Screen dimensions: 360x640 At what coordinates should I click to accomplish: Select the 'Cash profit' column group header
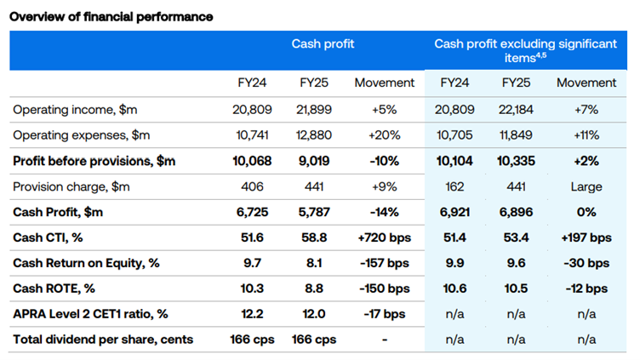click(323, 43)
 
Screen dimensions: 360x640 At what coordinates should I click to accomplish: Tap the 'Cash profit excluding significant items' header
click(525, 49)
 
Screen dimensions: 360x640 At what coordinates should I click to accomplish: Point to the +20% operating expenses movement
click(384, 135)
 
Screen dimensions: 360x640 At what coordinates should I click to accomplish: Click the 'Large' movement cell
click(586, 186)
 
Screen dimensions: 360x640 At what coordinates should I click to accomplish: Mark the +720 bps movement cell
click(384, 237)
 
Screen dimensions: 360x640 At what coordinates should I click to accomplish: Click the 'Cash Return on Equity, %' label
click(86, 263)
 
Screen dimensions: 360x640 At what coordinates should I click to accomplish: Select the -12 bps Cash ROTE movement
click(586, 289)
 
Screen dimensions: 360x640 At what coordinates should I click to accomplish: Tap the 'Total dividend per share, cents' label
click(102, 340)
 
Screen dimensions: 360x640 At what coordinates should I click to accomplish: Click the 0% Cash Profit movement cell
click(586, 212)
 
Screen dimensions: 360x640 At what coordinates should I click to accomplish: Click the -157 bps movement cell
click(384, 263)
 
